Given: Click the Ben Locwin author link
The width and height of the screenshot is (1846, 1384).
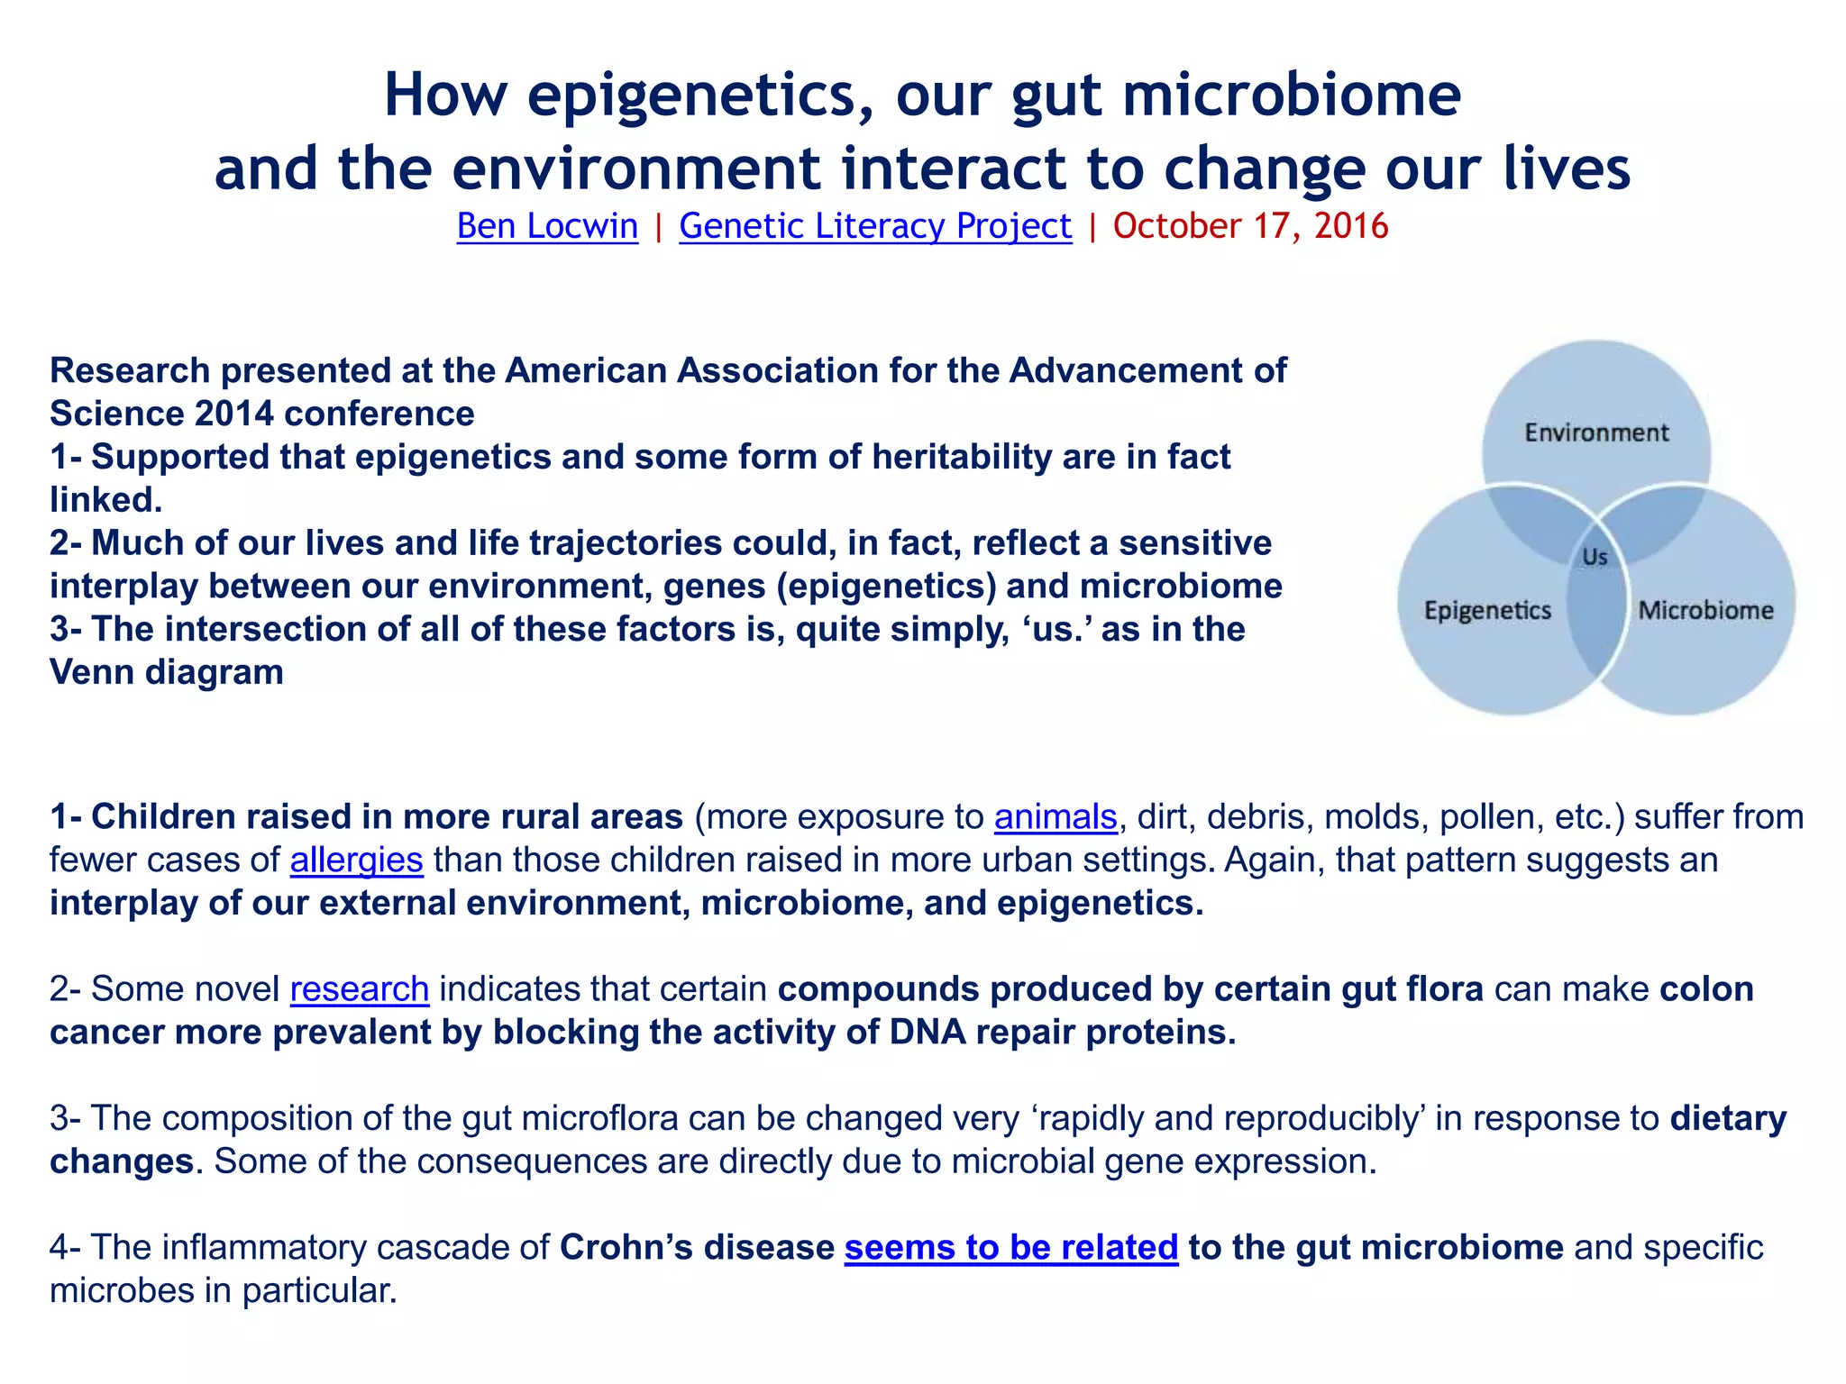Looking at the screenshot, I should pyautogui.click(x=547, y=226).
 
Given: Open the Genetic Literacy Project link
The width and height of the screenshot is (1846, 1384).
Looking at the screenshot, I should pyautogui.click(x=875, y=226).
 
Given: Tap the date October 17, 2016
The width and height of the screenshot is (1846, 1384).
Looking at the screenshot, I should pyautogui.click(x=1250, y=226).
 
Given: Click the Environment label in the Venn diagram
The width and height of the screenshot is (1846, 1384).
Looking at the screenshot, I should pyautogui.click(x=1596, y=433).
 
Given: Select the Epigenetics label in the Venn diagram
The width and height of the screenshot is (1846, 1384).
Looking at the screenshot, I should pyautogui.click(x=1487, y=611).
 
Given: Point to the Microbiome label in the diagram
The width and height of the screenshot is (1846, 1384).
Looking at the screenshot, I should pyautogui.click(x=1705, y=611).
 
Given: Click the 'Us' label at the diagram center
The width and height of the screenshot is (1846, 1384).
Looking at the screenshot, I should pyautogui.click(x=1595, y=558).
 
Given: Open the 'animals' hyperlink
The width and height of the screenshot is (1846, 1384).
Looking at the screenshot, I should pyautogui.click(x=1056, y=817).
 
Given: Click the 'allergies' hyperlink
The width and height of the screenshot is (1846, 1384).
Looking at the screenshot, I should pyautogui.click(x=356, y=860).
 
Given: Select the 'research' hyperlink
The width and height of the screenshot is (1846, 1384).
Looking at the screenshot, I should pyautogui.click(x=359, y=989).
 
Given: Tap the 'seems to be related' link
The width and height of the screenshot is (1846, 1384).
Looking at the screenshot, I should pyautogui.click(x=1011, y=1248).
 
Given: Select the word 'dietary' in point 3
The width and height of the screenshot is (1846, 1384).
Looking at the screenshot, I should pyautogui.click(x=1728, y=1119).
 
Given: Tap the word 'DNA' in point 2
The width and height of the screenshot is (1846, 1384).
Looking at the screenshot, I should pyautogui.click(x=928, y=1033).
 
